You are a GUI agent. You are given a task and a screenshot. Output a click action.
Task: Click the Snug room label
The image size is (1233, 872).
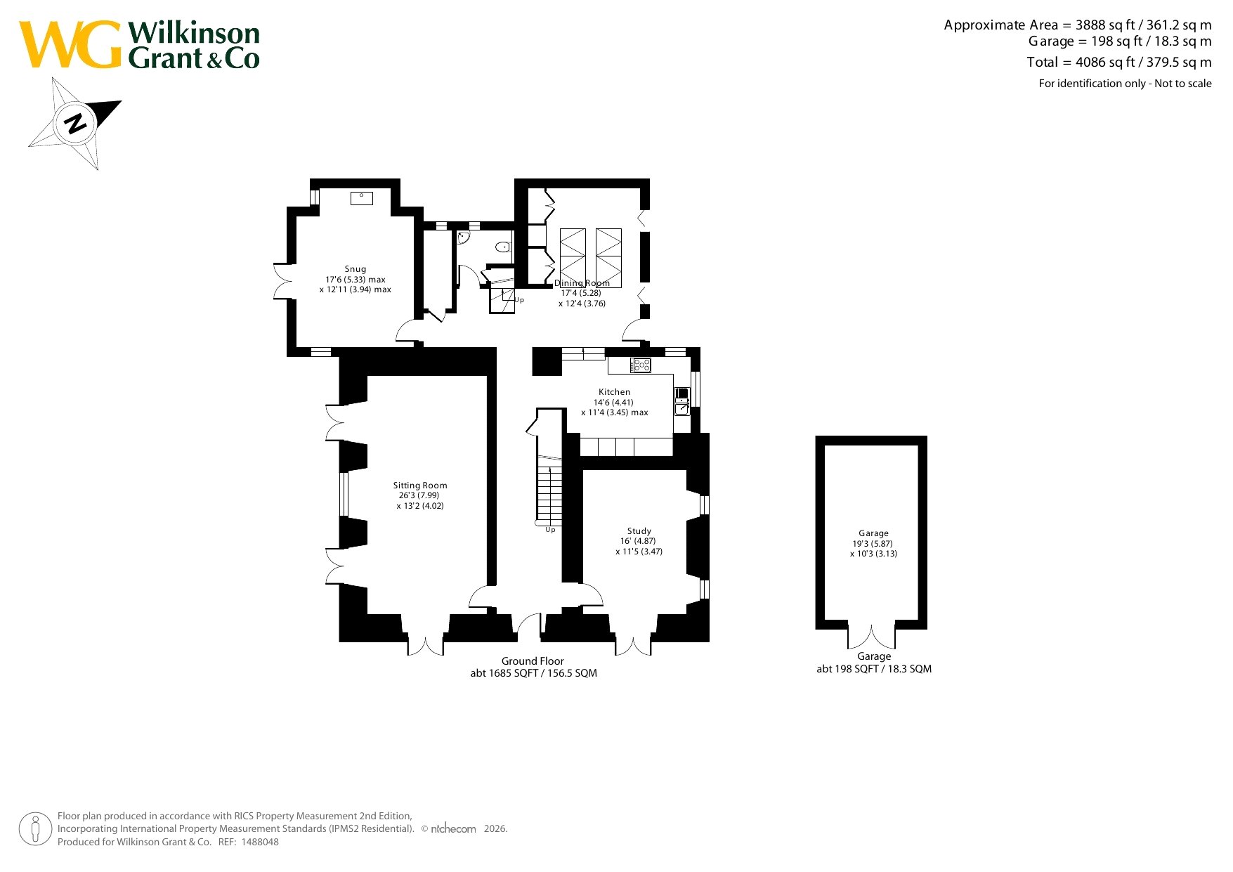click(x=355, y=269)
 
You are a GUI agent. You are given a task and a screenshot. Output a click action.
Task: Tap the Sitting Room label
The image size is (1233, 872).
click(x=420, y=486)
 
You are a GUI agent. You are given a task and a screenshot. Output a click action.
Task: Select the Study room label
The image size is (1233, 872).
click(x=639, y=531)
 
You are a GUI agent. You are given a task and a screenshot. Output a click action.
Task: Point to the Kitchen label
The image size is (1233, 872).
click(x=615, y=392)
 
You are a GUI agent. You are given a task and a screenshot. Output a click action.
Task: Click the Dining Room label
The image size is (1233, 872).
click(x=582, y=283)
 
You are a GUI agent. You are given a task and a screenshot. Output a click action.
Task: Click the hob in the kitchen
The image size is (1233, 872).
click(x=641, y=365)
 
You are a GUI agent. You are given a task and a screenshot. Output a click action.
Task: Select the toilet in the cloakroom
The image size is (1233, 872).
click(x=503, y=247)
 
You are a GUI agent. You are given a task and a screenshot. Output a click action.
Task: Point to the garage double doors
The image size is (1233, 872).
click(x=872, y=636)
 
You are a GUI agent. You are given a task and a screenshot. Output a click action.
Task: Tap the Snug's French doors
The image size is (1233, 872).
click(x=282, y=281)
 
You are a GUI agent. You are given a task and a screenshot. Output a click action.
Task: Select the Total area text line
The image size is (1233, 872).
click(x=1119, y=62)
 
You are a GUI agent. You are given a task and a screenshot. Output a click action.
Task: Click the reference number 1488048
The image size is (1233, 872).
click(x=260, y=842)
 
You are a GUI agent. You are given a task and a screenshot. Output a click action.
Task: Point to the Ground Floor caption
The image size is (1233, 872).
click(x=533, y=661)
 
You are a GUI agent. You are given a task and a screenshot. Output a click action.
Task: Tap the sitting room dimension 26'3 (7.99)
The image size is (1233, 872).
click(x=419, y=495)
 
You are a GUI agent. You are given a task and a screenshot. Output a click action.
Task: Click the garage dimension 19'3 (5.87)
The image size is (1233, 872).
click(x=873, y=544)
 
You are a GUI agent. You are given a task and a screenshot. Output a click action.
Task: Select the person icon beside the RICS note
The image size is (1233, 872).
click(x=34, y=829)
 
